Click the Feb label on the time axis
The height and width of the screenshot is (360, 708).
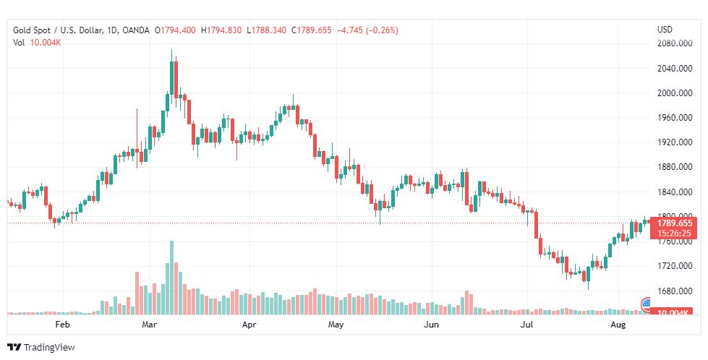point(63,325)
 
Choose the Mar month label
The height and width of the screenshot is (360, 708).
point(150,325)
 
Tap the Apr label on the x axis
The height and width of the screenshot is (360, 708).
point(249,325)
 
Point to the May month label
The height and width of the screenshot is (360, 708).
point(335,325)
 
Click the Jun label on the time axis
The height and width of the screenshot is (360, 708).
point(431,325)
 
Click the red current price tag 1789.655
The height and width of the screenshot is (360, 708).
point(675,223)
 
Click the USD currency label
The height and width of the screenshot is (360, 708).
point(665,30)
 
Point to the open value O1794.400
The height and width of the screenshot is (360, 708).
point(175,30)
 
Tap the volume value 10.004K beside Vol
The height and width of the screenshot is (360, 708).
point(46,43)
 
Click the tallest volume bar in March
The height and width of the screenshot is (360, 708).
point(172,278)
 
